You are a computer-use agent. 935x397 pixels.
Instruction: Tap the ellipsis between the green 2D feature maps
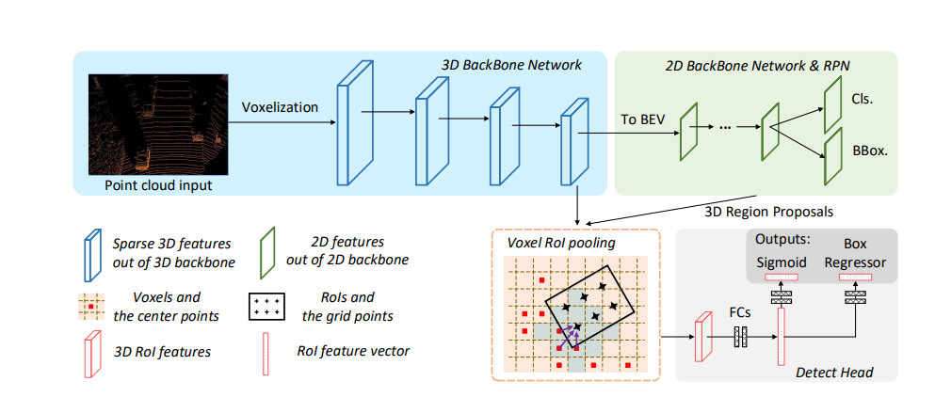727,127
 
